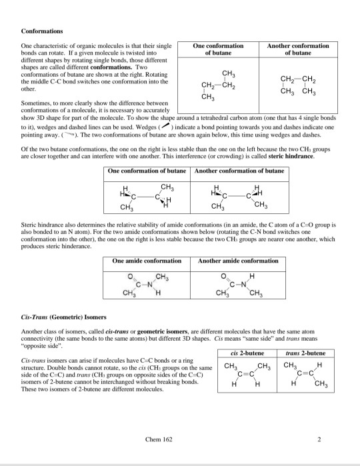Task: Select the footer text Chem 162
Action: pos(157,439)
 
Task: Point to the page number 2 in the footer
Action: pos(319,439)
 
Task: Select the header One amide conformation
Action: pos(146,261)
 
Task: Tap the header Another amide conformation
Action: pos(239,261)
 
